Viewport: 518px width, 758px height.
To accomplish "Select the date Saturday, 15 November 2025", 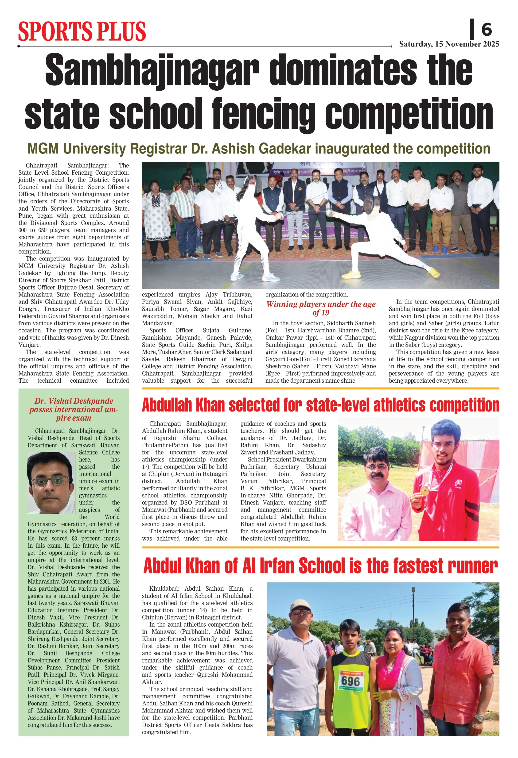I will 449,44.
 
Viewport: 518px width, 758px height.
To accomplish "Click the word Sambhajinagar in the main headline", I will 152,70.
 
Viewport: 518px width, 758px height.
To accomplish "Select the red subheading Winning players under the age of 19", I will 320,308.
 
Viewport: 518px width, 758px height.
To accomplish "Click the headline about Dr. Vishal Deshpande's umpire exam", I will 74,409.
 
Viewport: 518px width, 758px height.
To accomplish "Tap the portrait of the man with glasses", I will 51,483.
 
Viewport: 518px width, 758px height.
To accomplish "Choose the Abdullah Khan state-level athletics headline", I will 320,405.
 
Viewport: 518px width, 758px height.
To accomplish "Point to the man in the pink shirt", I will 375,496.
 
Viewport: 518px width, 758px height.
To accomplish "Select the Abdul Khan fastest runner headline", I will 320,566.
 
